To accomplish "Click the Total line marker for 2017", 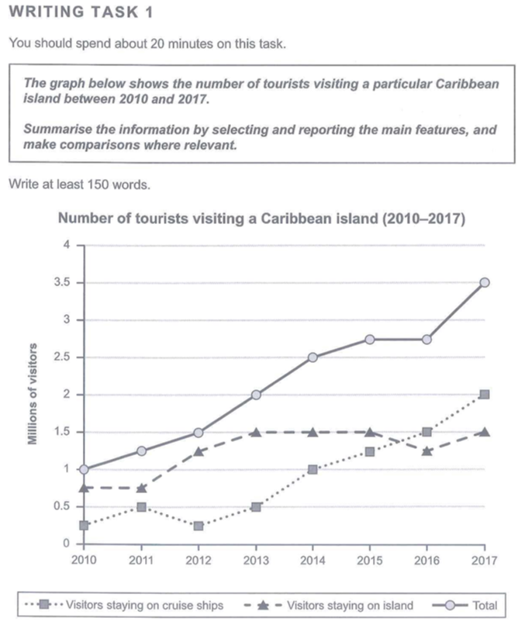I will click(x=485, y=283).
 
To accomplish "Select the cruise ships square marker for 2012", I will click(x=198, y=526).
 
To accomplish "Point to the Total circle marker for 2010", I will click(x=84, y=469).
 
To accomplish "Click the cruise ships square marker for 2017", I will click(x=485, y=395).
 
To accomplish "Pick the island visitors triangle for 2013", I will click(x=255, y=432).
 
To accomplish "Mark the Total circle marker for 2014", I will click(x=313, y=357).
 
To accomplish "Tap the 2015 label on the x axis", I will click(x=370, y=560).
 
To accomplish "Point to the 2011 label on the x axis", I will click(x=141, y=560).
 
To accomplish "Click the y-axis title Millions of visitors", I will click(x=34, y=395).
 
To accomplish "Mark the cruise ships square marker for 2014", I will click(x=313, y=469).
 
